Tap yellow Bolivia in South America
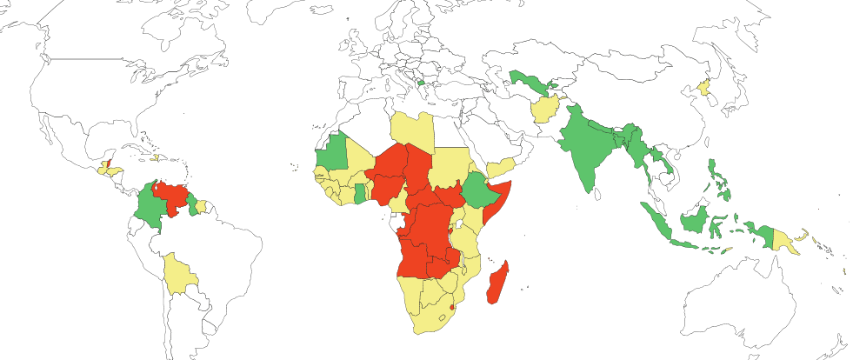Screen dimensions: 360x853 [x=179, y=274]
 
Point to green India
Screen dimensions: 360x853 [x=587, y=148]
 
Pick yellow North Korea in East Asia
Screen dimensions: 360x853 [x=705, y=89]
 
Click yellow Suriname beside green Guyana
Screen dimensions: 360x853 [x=201, y=207]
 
